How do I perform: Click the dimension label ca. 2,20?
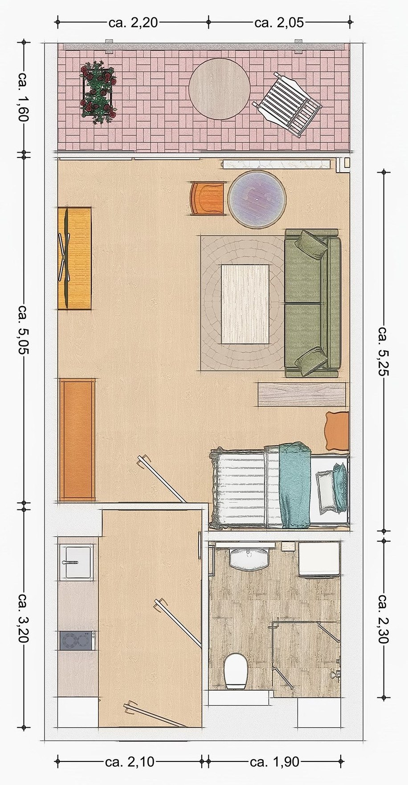133,22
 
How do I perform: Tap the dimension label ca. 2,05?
279,22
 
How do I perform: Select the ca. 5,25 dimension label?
384,351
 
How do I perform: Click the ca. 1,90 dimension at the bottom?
274,762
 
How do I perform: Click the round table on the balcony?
219,89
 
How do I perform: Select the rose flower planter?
98,92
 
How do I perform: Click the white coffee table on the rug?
245,304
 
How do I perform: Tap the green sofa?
312,303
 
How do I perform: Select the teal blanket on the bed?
294,484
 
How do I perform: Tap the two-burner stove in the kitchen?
77,641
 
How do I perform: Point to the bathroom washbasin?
249,559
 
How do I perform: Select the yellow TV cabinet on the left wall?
74,259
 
